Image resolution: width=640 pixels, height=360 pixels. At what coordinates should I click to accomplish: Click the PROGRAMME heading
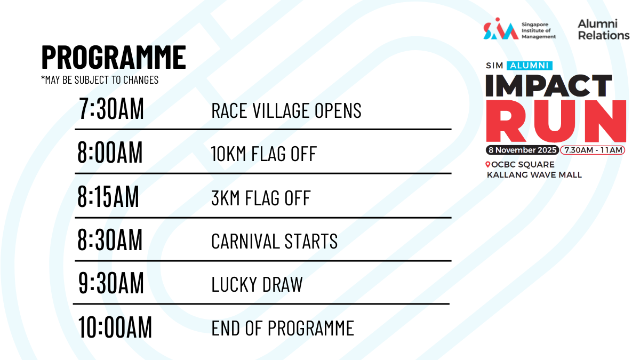coord(114,57)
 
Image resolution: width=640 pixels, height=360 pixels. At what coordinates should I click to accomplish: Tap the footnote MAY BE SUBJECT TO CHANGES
coord(100,80)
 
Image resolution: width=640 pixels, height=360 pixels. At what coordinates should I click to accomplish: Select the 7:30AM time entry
coord(111,109)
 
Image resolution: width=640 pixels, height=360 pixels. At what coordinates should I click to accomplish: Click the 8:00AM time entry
coord(110,153)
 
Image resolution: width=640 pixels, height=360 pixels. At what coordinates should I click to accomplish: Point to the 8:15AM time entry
coord(108,196)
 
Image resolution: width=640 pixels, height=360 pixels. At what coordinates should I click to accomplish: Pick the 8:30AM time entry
coord(110,239)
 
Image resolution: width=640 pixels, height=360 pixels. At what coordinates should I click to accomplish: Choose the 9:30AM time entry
coord(111,283)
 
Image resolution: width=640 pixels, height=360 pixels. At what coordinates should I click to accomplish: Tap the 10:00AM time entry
coord(115,327)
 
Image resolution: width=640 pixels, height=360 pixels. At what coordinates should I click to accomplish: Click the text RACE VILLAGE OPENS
coord(286,110)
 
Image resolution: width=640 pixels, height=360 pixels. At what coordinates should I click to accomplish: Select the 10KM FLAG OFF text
coord(263,154)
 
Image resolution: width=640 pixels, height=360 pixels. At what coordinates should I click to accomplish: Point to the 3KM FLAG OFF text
coord(261,198)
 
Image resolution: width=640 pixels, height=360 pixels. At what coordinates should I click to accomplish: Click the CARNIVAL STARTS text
coord(274,241)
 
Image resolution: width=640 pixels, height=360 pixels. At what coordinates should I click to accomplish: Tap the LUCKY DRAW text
coord(257,284)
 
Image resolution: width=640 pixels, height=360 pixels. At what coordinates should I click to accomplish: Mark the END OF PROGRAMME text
coord(283,328)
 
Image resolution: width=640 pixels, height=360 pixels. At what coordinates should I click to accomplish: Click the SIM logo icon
coord(501,29)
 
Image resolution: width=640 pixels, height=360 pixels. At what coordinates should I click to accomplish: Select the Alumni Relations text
coord(604,30)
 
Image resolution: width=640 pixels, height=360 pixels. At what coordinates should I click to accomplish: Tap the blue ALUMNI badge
coord(530,66)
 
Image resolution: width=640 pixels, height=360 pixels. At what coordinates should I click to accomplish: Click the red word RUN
coord(556,121)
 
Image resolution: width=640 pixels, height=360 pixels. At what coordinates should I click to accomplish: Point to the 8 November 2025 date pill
coord(522,150)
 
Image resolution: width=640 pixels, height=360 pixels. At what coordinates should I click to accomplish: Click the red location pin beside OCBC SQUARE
coord(487,164)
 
